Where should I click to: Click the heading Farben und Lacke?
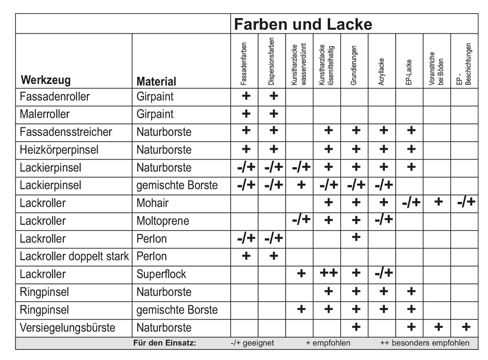(x=303, y=24)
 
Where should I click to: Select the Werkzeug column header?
(x=45, y=80)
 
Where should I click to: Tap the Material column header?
(x=156, y=81)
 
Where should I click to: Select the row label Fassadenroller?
(x=55, y=96)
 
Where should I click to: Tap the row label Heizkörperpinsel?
(x=59, y=149)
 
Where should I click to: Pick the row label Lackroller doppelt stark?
(x=74, y=256)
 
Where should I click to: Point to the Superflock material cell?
(x=161, y=274)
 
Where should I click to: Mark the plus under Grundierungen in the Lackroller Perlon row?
(x=356, y=238)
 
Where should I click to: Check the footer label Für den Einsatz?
(x=164, y=343)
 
